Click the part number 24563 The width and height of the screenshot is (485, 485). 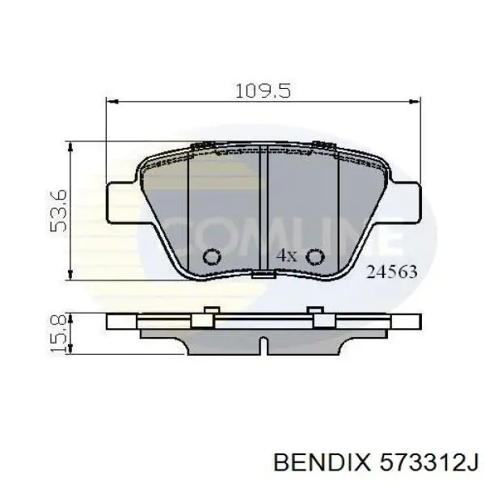392,272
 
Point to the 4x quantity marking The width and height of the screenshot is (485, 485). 287,255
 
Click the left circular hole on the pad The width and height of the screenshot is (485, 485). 213,257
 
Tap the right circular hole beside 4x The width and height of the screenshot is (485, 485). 315,257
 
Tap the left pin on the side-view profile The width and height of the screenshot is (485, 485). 209,313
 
